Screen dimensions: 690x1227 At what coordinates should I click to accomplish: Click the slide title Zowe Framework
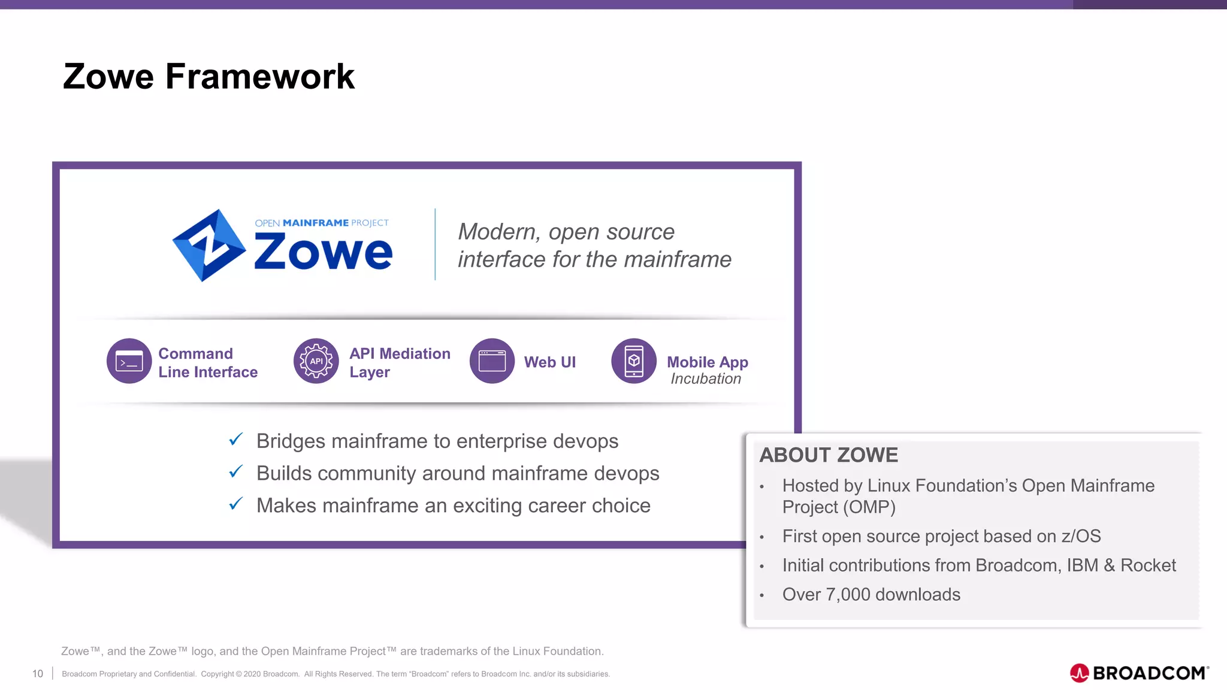coord(208,77)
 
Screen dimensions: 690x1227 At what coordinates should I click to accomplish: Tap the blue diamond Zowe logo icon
coord(208,245)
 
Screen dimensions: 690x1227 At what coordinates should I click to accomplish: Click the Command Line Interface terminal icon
coord(129,361)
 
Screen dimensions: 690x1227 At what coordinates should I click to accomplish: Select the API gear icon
coord(316,361)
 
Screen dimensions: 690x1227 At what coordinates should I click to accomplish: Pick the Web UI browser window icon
coord(492,361)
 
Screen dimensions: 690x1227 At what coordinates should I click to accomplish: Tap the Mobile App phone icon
coord(633,361)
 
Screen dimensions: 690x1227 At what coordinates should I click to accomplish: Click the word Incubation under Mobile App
coord(706,379)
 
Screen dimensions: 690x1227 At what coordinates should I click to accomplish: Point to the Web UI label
coord(549,362)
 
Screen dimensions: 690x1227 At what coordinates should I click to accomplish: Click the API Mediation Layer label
coord(400,362)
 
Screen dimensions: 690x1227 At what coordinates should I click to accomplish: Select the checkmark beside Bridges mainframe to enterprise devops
coord(236,440)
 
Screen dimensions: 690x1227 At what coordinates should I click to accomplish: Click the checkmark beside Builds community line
coord(236,472)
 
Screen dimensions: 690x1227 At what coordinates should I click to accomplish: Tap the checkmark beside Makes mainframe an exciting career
coord(236,504)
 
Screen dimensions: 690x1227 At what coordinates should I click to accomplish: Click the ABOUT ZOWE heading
coord(829,455)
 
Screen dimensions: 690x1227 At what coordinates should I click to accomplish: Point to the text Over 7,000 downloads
coord(871,594)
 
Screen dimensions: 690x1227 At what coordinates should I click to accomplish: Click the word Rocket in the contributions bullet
coord(1148,565)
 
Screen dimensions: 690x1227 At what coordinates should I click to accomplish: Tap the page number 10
coord(38,674)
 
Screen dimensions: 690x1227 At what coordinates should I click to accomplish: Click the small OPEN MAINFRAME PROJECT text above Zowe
coord(322,223)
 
